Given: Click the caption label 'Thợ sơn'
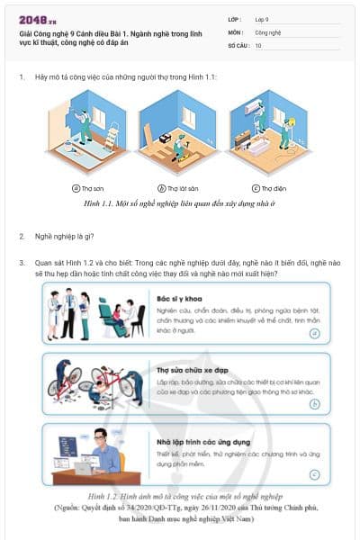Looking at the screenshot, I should click(x=92, y=189).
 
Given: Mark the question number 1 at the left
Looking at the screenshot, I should click(x=22, y=77).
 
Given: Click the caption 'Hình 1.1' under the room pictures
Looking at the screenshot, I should click(x=180, y=203).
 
